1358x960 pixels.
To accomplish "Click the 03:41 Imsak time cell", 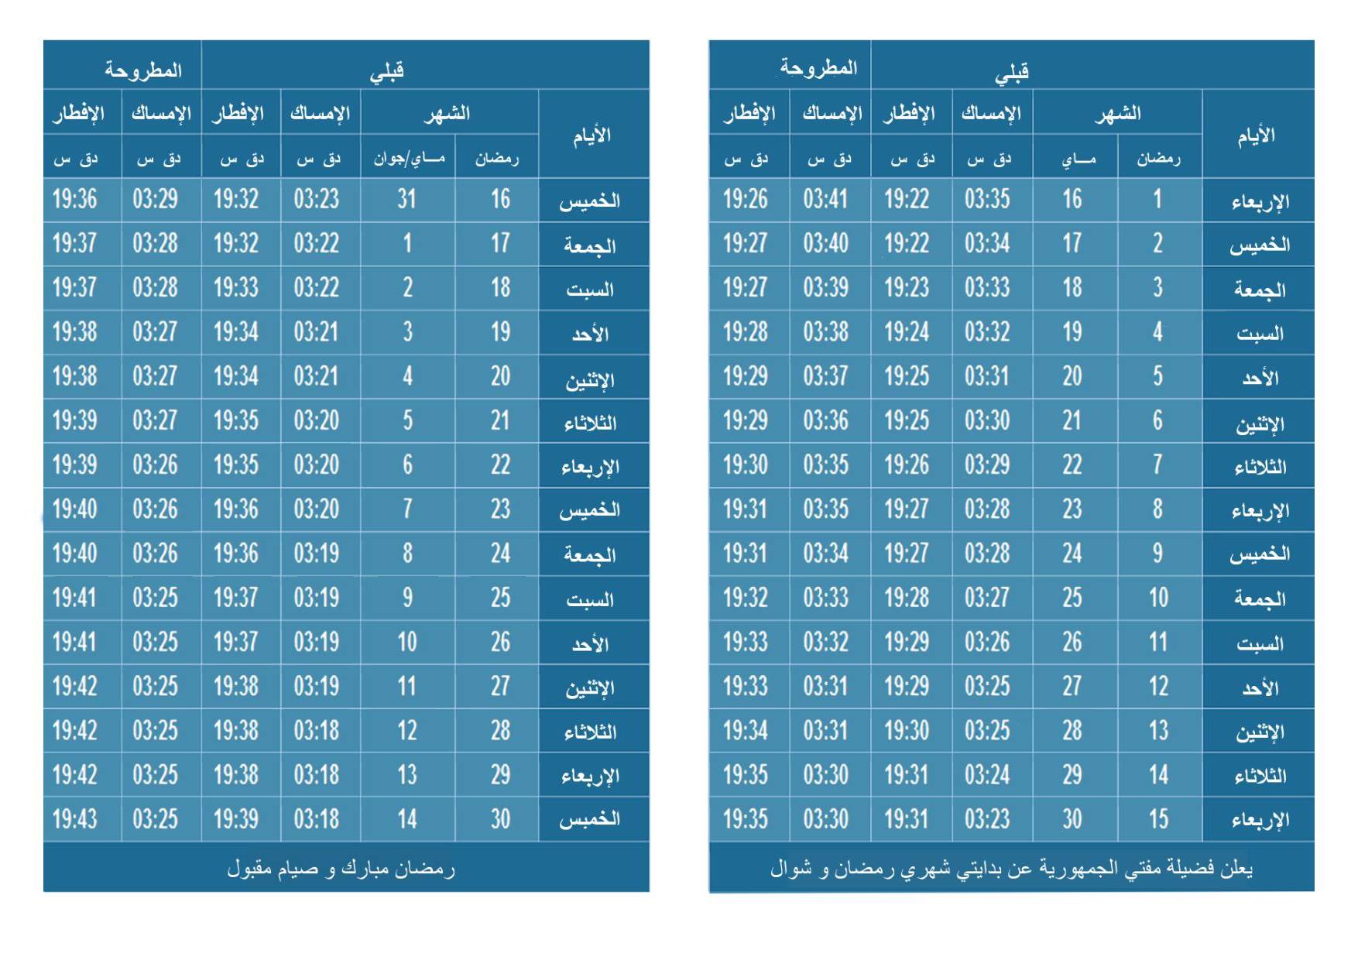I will tap(825, 200).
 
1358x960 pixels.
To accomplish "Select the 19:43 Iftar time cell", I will tap(75, 819).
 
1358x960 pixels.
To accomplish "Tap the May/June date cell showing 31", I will tap(407, 200).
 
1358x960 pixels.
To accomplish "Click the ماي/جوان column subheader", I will tap(409, 159).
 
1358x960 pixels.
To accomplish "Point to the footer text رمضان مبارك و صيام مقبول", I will tap(341, 869).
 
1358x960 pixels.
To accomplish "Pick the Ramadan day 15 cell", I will tap(1158, 819).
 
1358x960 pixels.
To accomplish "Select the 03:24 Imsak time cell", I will tap(987, 775).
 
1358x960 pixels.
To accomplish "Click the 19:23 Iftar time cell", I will tap(907, 288).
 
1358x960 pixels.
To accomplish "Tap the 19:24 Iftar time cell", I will tap(907, 332).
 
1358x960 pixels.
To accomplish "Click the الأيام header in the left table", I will tap(592, 136).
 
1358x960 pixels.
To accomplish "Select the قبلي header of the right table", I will tap(1012, 72).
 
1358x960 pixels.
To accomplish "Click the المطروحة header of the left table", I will tap(143, 70).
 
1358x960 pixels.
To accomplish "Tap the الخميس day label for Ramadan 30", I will tap(590, 819).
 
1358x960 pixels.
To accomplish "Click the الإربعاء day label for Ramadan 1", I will tap(1260, 201).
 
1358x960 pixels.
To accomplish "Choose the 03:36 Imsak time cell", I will tap(825, 420).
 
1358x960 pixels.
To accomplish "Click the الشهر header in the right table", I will tap(1118, 114).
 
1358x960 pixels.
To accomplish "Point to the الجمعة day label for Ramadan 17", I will tap(590, 245).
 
